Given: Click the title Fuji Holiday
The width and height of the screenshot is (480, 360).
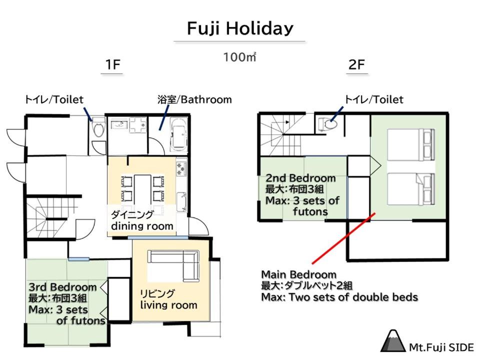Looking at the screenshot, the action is click(240, 28).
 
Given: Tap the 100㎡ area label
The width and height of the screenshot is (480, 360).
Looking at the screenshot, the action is click(239, 57).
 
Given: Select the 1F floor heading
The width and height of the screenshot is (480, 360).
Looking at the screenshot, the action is click(112, 64).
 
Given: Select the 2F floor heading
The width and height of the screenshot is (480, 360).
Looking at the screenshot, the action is click(356, 64).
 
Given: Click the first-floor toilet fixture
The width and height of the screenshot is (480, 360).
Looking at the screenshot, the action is click(98, 127).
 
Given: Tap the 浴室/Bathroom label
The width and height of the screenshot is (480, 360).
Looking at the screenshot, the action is click(194, 99).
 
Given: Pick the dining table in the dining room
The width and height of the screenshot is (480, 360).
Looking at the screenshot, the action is click(142, 191).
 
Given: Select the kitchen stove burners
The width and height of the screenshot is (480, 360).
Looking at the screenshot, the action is click(181, 168).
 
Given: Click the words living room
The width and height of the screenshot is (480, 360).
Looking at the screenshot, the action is click(168, 305).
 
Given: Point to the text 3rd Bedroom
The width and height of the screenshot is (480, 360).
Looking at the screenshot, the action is click(63, 287).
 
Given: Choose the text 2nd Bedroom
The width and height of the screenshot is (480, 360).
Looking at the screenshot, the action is click(300, 178).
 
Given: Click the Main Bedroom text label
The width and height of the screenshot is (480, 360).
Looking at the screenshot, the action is click(299, 274).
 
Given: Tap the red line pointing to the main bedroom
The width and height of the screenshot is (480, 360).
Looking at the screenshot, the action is click(343, 238).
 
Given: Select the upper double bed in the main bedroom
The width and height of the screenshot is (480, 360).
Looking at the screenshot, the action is click(411, 145).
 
